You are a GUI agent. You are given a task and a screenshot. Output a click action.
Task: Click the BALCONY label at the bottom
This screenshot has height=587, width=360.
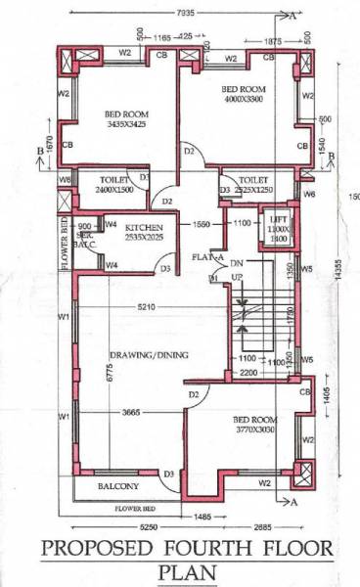click(118, 486)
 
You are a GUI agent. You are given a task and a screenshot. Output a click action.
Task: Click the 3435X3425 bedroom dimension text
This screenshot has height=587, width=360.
click(127, 124)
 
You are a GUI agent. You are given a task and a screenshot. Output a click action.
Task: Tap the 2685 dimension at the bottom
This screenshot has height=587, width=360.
click(270, 525)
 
